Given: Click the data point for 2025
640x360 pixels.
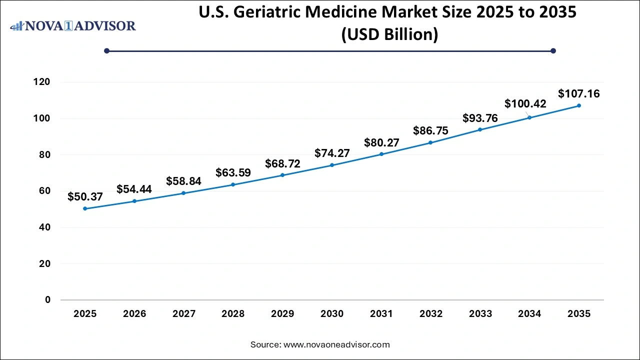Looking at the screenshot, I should coord(85,208).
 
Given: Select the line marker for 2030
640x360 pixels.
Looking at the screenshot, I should coord(332,165).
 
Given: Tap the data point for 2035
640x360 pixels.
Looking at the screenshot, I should coord(579,105).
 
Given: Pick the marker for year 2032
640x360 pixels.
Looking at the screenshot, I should coord(430,142).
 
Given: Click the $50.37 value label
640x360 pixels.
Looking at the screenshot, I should coord(85,196).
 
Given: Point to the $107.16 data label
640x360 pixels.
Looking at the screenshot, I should coord(579,93).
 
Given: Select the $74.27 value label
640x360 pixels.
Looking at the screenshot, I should coord(332,153).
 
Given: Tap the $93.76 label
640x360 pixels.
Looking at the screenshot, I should coord(480,118).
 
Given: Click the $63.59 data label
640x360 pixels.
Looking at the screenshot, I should coord(233,173).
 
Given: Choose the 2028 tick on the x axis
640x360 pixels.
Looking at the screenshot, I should coord(233,314).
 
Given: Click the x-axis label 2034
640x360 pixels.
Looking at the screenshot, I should coord(529,314).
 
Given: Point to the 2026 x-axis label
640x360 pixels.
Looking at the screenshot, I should coord(134,314).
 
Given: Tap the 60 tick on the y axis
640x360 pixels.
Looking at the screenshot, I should coord(44,191).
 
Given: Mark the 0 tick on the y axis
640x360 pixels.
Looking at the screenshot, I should coord(47,300).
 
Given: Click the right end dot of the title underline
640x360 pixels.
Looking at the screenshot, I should coord(553,50).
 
